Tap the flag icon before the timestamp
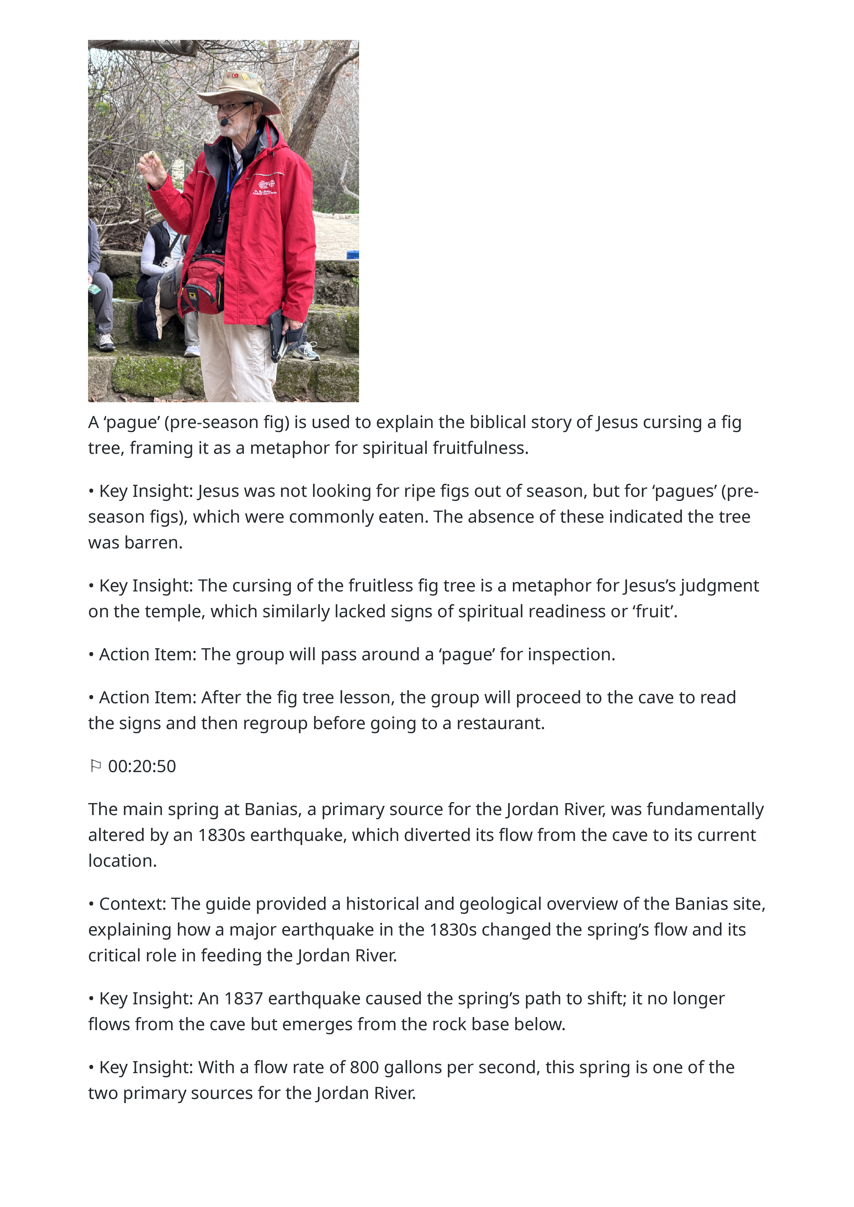pyautogui.click(x=95, y=766)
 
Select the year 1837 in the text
pyautogui.click(x=243, y=999)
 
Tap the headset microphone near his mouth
pyautogui.click(x=225, y=122)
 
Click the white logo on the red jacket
pyautogui.click(x=265, y=187)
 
